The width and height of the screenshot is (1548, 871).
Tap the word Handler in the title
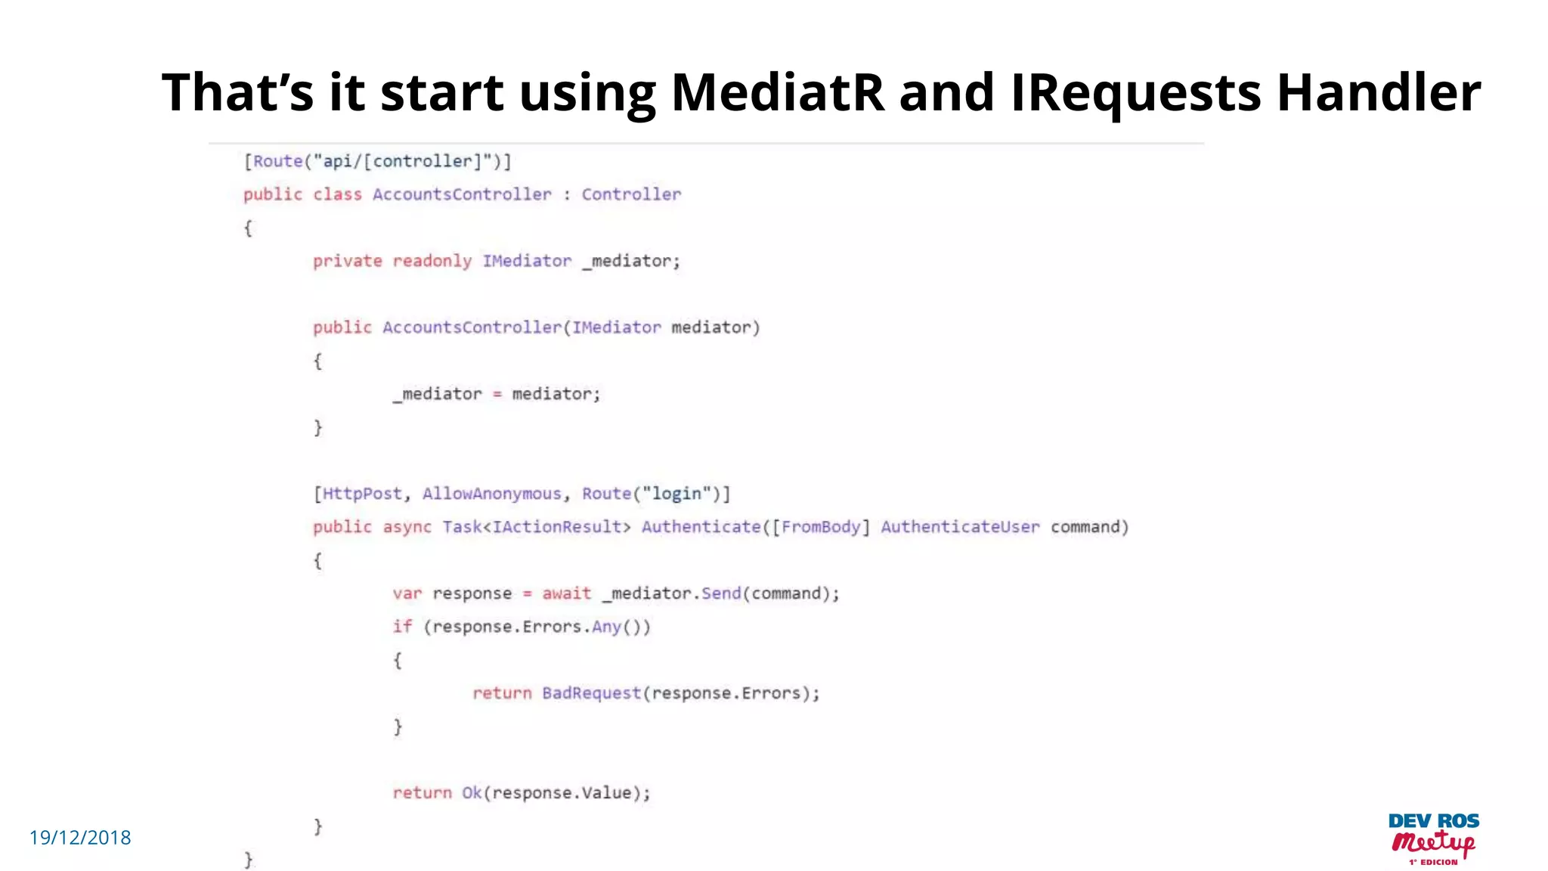pyautogui.click(x=1378, y=92)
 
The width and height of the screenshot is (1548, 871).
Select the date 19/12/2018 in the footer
pyautogui.click(x=80, y=838)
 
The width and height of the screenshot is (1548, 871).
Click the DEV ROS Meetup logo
pyautogui.click(x=1433, y=838)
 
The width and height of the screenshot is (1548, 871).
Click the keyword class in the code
pyautogui.click(x=337, y=194)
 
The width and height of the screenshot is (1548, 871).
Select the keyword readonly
pyautogui.click(x=432, y=261)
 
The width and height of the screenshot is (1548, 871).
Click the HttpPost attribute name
pyautogui.click(x=362, y=494)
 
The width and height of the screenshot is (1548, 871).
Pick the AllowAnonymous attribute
pyautogui.click(x=491, y=494)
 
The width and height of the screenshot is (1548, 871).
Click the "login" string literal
pyautogui.click(x=676, y=494)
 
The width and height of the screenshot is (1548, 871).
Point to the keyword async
pyautogui.click(x=407, y=527)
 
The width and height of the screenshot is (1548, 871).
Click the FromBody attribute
pyautogui.click(x=820, y=527)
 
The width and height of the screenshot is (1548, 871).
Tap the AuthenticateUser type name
pyautogui.click(x=960, y=527)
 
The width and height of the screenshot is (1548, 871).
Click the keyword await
pyautogui.click(x=566, y=594)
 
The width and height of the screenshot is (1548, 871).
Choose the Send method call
pyautogui.click(x=721, y=594)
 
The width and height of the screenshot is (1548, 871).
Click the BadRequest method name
pyautogui.click(x=591, y=693)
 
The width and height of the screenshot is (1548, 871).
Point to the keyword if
pyautogui.click(x=402, y=627)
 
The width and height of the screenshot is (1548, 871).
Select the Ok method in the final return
pyautogui.click(x=472, y=793)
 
